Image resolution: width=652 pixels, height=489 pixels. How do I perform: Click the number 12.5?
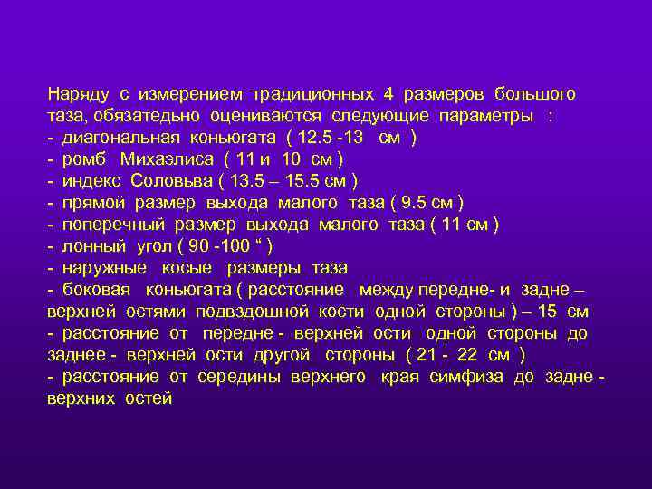click(x=313, y=138)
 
